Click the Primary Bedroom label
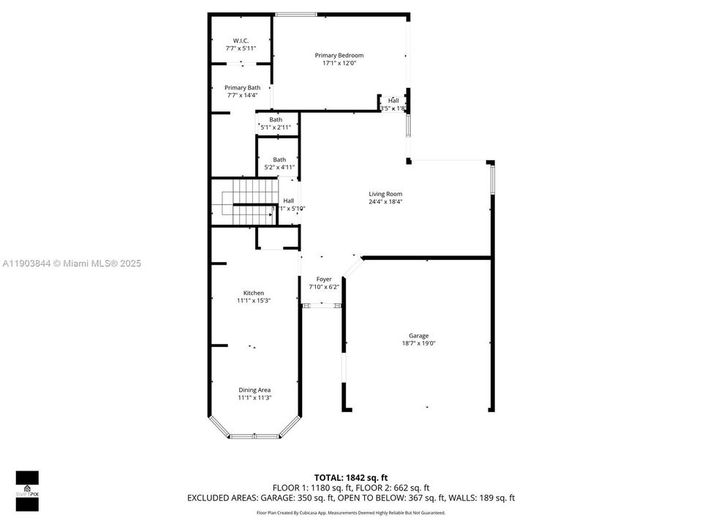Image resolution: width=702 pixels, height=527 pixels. pyautogui.click(x=339, y=56)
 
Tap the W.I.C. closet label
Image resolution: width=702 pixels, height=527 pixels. pyautogui.click(x=241, y=40)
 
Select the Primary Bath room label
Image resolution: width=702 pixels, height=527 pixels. pyautogui.click(x=241, y=88)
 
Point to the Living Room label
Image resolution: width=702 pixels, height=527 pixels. pyautogui.click(x=385, y=194)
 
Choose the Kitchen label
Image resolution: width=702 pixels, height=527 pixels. pyautogui.click(x=253, y=293)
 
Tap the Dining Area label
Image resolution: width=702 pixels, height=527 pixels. pyautogui.click(x=254, y=390)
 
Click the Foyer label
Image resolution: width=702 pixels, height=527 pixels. pyautogui.click(x=323, y=279)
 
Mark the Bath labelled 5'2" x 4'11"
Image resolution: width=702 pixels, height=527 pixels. pyautogui.click(x=279, y=163)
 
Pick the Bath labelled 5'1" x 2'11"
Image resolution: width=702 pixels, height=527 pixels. pyautogui.click(x=276, y=123)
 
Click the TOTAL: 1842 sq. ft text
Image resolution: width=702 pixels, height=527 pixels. pyautogui.click(x=350, y=477)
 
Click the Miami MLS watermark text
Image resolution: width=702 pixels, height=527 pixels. pyautogui.click(x=72, y=263)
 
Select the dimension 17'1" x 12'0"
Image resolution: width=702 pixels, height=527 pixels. pyautogui.click(x=339, y=64)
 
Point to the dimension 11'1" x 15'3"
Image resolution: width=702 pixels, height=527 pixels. pyautogui.click(x=253, y=301)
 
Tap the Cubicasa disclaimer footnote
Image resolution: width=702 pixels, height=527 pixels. pyautogui.click(x=350, y=513)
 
